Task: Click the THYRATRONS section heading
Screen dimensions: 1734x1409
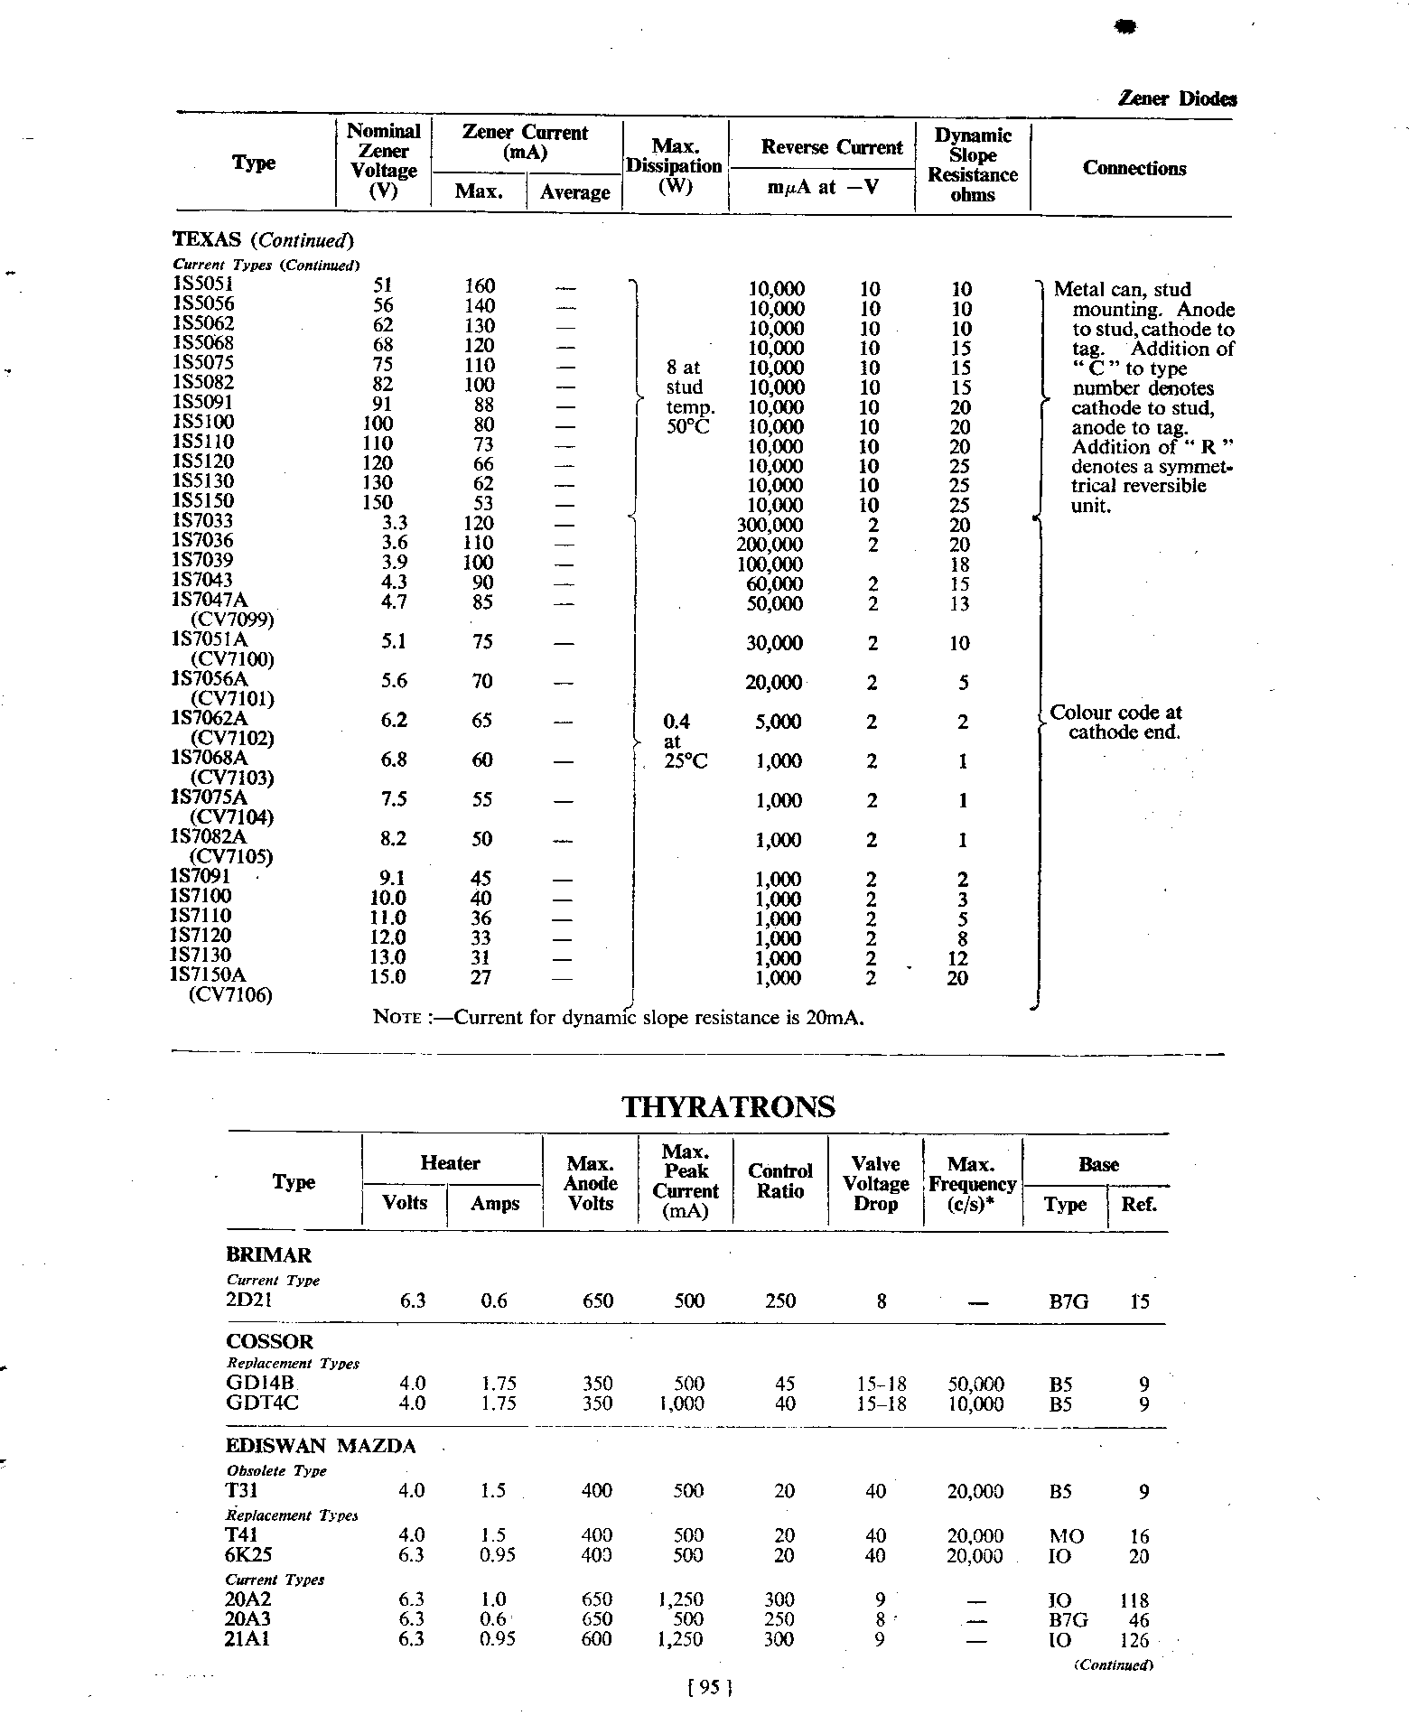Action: coord(728,1106)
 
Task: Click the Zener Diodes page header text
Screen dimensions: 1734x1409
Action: coord(1177,99)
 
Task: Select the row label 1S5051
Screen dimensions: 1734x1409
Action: coord(203,285)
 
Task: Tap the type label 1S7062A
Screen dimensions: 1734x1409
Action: coord(209,718)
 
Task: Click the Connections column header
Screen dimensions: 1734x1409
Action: coord(1134,168)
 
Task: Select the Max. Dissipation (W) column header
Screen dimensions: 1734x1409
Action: coord(674,166)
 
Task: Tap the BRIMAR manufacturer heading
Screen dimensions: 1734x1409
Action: coord(268,1254)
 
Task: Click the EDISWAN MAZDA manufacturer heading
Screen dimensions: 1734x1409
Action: coord(321,1446)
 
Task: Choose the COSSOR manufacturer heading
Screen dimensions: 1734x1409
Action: coord(269,1341)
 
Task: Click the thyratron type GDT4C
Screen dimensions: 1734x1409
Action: coord(262,1403)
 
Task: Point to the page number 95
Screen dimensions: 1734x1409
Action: coord(708,1685)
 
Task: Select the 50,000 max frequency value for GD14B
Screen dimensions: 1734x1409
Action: coord(975,1384)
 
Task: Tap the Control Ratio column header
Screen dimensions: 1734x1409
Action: coord(780,1180)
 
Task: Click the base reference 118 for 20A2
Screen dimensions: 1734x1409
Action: coord(1134,1599)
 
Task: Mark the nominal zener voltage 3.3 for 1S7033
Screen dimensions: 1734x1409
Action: coord(395,522)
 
